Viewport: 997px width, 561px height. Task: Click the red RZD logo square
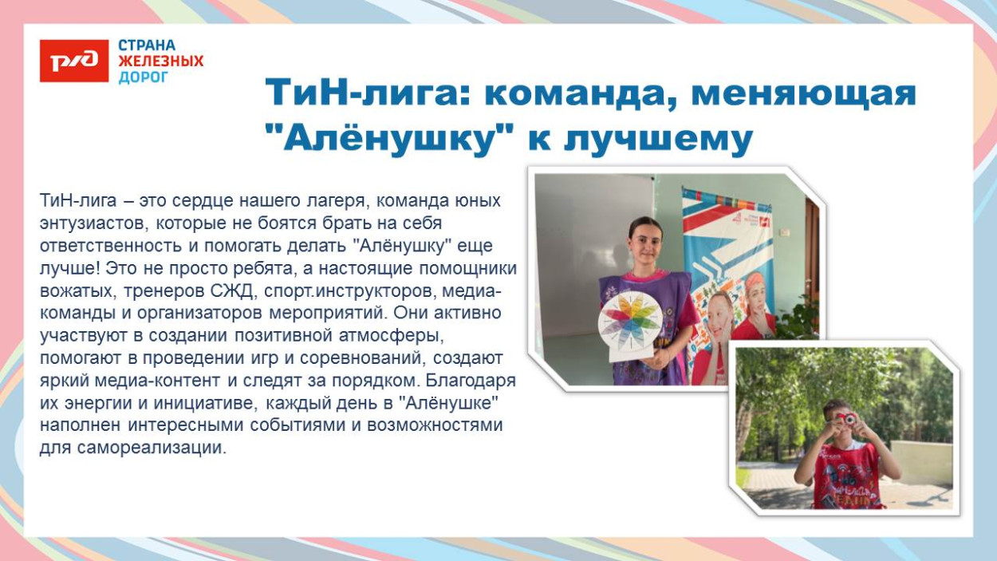click(74, 61)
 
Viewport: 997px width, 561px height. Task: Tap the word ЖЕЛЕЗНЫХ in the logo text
click(160, 61)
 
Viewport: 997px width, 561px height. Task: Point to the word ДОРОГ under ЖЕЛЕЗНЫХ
click(144, 77)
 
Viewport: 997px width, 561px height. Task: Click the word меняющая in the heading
click(803, 93)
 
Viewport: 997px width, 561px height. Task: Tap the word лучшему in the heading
click(658, 140)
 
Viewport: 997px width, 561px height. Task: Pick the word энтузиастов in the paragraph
click(91, 223)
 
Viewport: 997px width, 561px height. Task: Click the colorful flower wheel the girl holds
click(631, 322)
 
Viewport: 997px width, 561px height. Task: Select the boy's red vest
click(848, 475)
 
